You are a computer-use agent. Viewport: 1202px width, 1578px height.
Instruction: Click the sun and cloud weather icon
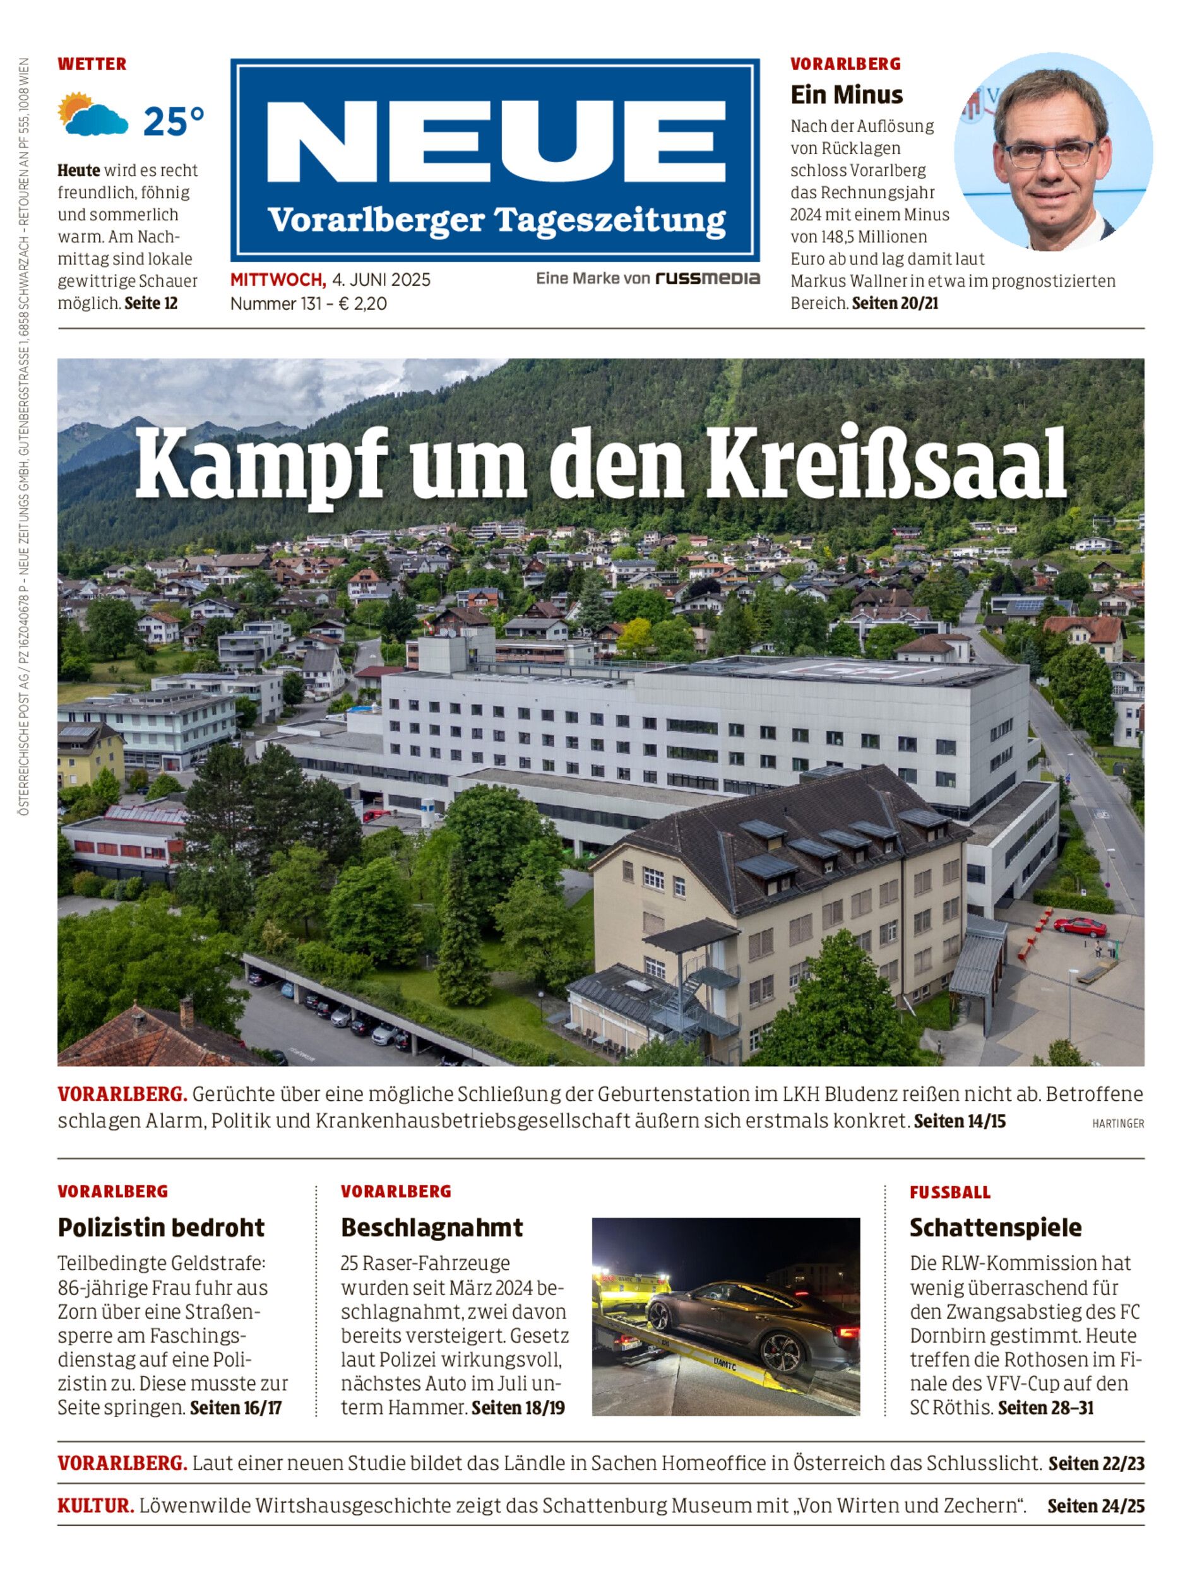click(92, 114)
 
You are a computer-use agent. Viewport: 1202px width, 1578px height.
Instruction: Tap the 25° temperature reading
click(174, 122)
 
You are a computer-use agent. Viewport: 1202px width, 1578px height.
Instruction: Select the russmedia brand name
click(708, 278)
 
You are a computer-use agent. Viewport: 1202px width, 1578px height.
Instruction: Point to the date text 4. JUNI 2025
click(381, 280)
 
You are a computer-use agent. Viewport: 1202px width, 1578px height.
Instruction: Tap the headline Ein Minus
click(847, 95)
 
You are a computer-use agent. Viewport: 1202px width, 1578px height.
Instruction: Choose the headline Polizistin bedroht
click(161, 1228)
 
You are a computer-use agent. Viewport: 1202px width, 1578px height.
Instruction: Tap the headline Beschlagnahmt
click(431, 1228)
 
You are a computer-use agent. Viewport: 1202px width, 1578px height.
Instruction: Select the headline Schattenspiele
click(995, 1228)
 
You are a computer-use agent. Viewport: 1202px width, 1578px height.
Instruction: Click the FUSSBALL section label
click(950, 1192)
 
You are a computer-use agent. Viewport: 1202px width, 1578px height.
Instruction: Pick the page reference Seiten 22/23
click(1096, 1464)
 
